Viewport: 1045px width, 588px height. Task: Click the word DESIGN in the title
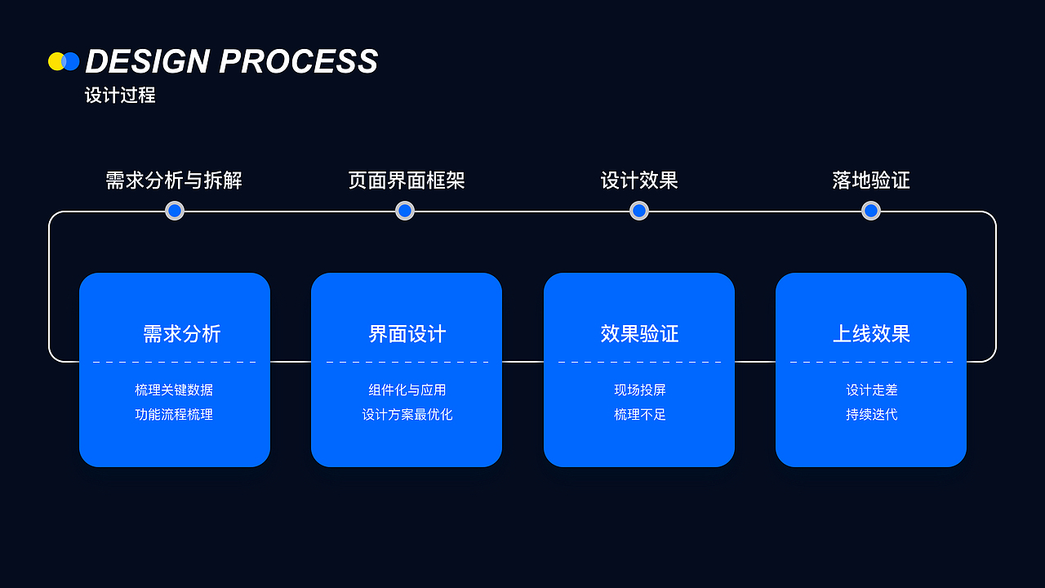(148, 62)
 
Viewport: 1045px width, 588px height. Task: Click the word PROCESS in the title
(299, 62)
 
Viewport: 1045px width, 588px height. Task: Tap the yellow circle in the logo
(56, 61)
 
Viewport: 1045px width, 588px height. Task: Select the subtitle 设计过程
(120, 96)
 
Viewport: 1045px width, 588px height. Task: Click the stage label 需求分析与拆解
(174, 180)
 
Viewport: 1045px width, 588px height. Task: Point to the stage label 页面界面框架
(406, 180)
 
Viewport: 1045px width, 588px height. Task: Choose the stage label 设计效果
(639, 180)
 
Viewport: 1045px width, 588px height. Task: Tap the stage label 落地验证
(871, 180)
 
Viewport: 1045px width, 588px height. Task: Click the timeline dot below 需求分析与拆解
(175, 211)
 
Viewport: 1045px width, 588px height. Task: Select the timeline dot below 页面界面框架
(405, 211)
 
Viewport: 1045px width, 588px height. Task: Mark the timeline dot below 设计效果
(639, 211)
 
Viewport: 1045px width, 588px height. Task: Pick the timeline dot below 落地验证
(871, 211)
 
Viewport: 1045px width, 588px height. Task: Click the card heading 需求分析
(181, 334)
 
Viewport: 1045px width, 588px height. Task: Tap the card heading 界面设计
(407, 334)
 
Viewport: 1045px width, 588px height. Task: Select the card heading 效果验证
(639, 334)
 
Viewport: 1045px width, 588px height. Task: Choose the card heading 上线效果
(871, 334)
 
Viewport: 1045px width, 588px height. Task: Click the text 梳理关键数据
(174, 390)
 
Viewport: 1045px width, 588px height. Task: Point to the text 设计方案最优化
(407, 415)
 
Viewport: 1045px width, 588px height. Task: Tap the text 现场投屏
(639, 390)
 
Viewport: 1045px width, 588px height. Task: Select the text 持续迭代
(871, 415)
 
